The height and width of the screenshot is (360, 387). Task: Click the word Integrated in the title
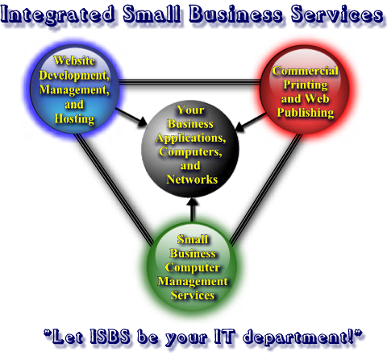pyautogui.click(x=57, y=14)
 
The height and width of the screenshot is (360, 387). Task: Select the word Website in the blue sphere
pyautogui.click(x=74, y=60)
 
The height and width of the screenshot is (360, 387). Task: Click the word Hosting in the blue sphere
pyautogui.click(x=74, y=118)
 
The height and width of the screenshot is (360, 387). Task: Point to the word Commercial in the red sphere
pyautogui.click(x=305, y=71)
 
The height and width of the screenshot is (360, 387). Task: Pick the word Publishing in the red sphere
pyautogui.click(x=306, y=113)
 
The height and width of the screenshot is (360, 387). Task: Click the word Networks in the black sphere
pyautogui.click(x=192, y=180)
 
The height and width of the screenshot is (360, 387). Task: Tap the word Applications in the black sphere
pyautogui.click(x=190, y=139)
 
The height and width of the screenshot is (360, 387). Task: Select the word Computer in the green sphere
pyautogui.click(x=193, y=267)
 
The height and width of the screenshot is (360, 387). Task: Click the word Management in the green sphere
pyautogui.click(x=193, y=281)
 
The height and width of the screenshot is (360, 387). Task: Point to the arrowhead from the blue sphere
pyautogui.click(x=142, y=122)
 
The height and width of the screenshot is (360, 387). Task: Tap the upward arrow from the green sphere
pyautogui.click(x=192, y=210)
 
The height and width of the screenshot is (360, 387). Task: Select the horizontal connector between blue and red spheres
pyautogui.click(x=189, y=82)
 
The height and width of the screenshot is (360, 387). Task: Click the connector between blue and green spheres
pyautogui.click(x=114, y=189)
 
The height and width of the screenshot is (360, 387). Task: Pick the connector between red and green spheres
pyautogui.click(x=266, y=190)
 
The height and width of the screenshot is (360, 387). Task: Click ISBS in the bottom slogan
pyautogui.click(x=110, y=336)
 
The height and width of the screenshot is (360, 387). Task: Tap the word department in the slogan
pyautogui.click(x=296, y=337)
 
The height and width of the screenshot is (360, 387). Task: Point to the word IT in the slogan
pyautogui.click(x=225, y=336)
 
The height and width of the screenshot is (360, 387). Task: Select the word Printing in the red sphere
pyautogui.click(x=306, y=85)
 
